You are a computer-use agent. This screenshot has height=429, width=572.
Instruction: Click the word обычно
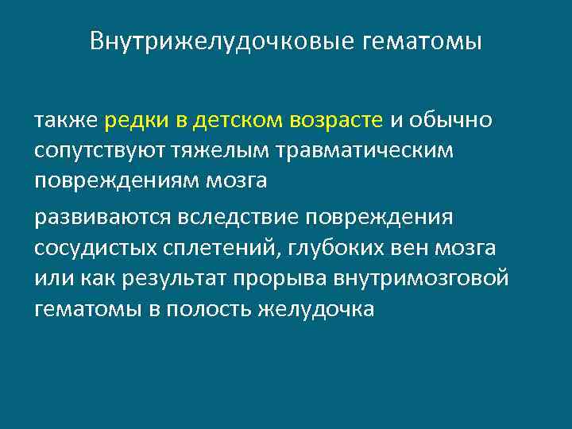pyautogui.click(x=451, y=121)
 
